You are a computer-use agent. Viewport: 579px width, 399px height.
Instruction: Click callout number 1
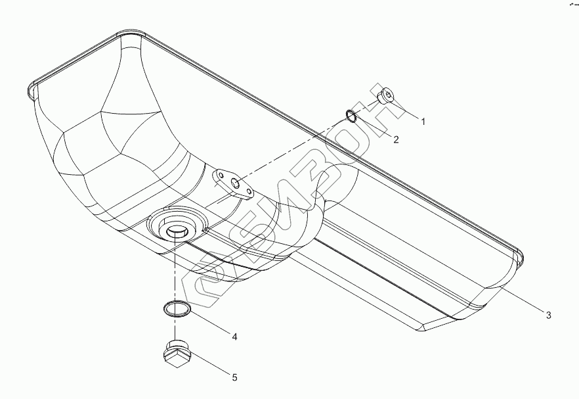click(x=423, y=122)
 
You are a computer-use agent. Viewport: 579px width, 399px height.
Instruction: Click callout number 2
click(x=396, y=140)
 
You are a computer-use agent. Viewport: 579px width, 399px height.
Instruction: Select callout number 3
click(x=549, y=316)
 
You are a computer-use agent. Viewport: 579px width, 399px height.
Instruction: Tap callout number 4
click(x=234, y=337)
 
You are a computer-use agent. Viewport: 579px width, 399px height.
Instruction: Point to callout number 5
click(x=234, y=377)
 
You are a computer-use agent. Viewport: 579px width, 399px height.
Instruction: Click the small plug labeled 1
click(x=385, y=95)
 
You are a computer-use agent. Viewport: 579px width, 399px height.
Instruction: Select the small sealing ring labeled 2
click(x=351, y=116)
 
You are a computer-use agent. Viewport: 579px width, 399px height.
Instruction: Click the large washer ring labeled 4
click(x=177, y=308)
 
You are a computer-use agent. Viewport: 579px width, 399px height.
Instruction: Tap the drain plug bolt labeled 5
click(x=177, y=353)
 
